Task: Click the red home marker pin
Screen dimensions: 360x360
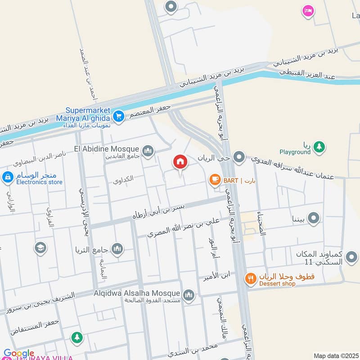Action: pos(180,162)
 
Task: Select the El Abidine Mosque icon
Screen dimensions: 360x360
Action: pos(147,150)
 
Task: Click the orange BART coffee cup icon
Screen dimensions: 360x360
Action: pos(215,180)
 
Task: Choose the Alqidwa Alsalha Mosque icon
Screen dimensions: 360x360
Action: pos(189,295)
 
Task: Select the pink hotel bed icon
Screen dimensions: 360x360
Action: pos(308,10)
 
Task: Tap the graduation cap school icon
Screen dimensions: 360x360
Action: pos(40,248)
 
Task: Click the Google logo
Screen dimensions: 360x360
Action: pos(18,354)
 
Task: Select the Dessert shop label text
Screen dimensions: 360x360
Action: pos(277,283)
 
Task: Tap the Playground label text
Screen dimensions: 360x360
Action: pos(295,152)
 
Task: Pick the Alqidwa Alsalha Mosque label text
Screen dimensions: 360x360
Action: pos(137,293)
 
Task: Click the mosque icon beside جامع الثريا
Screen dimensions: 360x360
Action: pos(117,248)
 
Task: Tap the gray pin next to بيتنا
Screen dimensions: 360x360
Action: pos(314,219)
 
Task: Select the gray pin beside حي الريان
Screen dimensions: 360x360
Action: pos(240,158)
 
